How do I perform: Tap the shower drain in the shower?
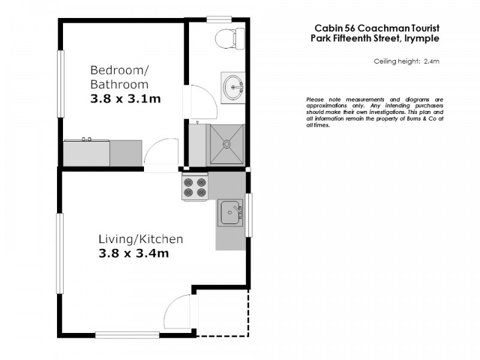[226, 144]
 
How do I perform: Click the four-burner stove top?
[195, 187]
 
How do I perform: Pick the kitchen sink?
[230, 212]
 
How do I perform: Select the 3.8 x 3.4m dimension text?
[133, 253]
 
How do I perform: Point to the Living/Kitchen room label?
[140, 239]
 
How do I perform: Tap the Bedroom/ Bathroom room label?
[119, 76]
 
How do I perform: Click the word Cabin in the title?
[328, 28]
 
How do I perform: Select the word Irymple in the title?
[422, 38]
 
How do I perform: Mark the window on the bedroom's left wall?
[59, 83]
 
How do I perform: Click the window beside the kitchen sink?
[250, 214]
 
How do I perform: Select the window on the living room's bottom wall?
[118, 335]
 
